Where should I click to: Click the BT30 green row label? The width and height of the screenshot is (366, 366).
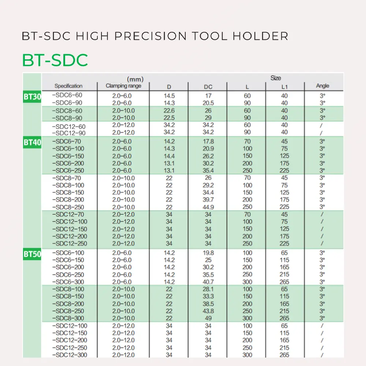point(32,98)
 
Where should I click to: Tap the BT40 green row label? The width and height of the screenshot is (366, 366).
point(32,142)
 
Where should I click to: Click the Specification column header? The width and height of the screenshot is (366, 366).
point(68,86)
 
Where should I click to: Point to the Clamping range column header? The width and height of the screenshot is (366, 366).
point(123,86)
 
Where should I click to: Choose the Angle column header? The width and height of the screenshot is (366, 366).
point(322,86)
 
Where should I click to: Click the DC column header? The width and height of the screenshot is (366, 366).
point(208,87)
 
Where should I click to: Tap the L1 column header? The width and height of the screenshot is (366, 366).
point(284,87)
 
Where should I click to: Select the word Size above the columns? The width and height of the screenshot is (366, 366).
point(276,78)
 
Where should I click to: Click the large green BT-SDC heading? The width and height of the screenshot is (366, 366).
point(55,60)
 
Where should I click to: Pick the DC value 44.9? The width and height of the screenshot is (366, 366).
point(208,207)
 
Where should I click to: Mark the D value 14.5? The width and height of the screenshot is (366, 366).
point(169,96)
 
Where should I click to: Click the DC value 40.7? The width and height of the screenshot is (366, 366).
point(208,282)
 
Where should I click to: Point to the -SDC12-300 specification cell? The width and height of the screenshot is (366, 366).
point(70,355)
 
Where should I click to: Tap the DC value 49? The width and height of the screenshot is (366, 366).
point(208,318)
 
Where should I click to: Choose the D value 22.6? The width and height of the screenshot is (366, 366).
point(169,111)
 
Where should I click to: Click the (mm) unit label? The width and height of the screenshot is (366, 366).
point(135,79)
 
